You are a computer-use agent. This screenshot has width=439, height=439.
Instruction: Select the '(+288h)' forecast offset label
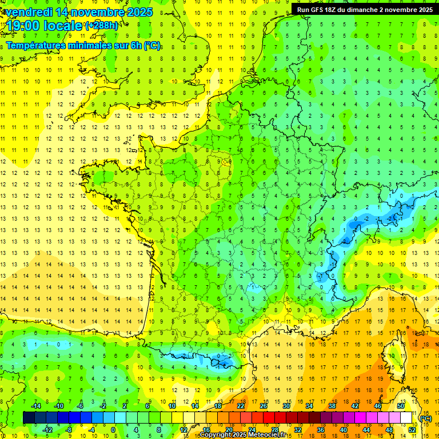click(102, 26)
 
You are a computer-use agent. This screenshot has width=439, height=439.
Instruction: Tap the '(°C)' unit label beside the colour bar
click(425, 418)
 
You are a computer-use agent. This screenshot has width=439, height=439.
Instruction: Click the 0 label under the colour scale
click(113, 430)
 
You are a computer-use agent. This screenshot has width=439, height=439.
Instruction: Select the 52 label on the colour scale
click(412, 430)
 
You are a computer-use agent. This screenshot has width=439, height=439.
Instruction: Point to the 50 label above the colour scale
click(401, 406)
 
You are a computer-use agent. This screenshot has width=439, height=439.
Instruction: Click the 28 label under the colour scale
click(275, 430)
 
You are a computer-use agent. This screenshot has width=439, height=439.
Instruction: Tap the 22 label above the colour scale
click(241, 406)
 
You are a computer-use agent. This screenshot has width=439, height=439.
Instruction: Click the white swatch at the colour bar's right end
click(406, 418)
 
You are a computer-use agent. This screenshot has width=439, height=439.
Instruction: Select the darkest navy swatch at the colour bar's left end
click(29, 418)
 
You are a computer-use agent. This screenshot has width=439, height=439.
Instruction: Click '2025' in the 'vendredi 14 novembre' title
click(140, 12)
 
